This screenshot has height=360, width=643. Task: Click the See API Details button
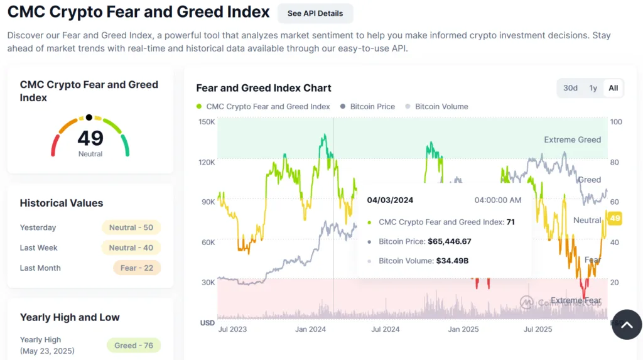[x=315, y=13]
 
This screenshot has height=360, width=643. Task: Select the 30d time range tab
[x=570, y=88]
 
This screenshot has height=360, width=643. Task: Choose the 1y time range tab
[x=593, y=88]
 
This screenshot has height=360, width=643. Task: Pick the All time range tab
[x=613, y=88]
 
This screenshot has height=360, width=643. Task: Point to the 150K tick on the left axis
[x=207, y=122]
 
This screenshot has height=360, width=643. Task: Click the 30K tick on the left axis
[x=207, y=283]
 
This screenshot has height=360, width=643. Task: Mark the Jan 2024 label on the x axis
[x=310, y=329]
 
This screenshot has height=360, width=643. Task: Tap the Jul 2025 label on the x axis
[x=538, y=329]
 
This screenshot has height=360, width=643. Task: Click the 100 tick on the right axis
[x=616, y=122]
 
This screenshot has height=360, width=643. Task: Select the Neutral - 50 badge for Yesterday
[x=131, y=227]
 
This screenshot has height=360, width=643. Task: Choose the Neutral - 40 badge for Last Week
[x=131, y=248]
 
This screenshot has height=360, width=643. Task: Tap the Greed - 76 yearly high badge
[x=134, y=346]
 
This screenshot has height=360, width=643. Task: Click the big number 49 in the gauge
[x=90, y=138]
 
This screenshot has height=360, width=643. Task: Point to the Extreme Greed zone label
[x=572, y=139]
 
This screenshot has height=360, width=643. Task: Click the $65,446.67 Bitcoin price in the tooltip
[x=449, y=241]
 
